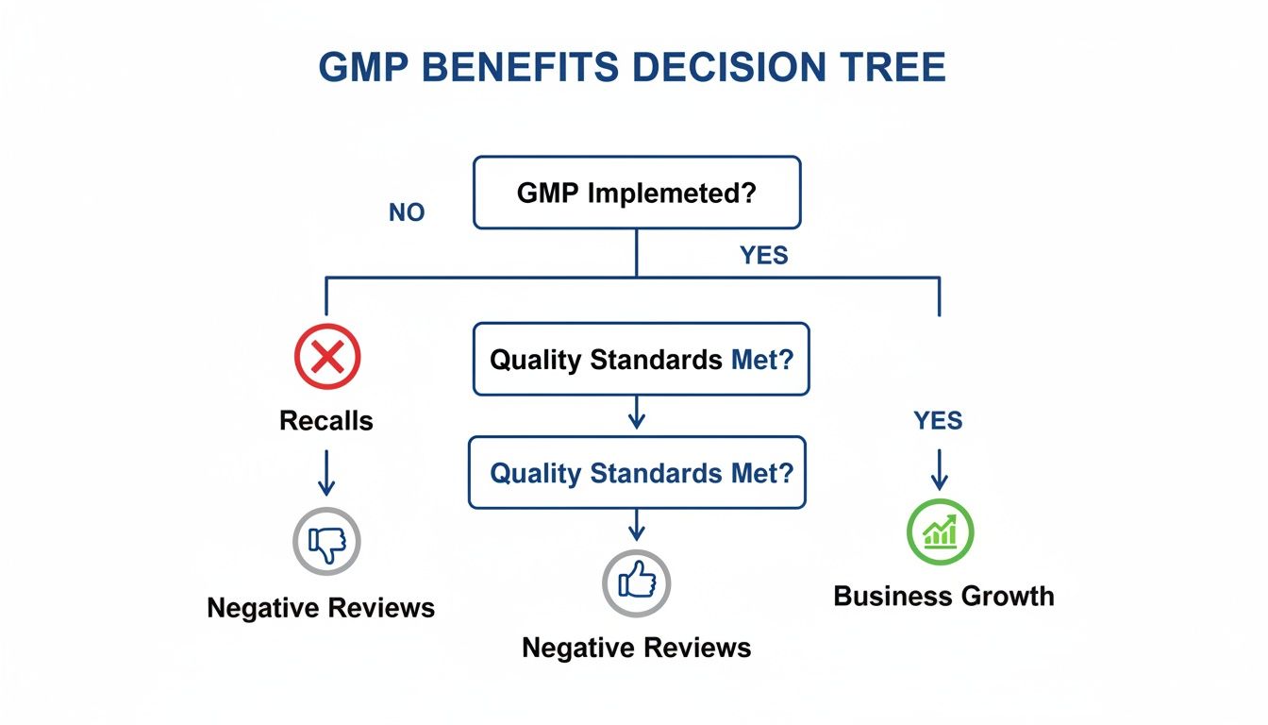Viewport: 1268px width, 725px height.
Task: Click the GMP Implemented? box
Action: click(637, 193)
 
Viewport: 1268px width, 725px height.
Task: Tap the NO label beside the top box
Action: click(407, 213)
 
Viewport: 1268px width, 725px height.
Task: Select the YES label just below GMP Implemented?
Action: click(763, 255)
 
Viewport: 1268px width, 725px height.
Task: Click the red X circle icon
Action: click(326, 356)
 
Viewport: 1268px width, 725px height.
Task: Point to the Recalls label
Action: click(326, 420)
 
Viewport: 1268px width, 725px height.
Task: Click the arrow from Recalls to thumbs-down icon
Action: click(326, 472)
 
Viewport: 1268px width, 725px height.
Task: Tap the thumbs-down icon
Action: click(326, 541)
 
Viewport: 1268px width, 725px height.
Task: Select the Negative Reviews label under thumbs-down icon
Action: click(321, 607)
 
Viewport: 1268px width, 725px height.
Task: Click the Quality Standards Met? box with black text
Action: click(641, 359)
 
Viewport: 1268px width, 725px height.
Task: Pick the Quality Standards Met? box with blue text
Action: click(638, 472)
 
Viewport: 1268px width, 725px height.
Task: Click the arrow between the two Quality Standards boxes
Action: click(637, 413)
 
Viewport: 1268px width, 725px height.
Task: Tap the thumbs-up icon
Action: click(636, 582)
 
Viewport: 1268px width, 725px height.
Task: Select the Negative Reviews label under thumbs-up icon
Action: click(636, 648)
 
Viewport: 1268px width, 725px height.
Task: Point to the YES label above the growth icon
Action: click(938, 420)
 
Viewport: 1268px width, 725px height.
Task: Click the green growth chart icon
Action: click(940, 531)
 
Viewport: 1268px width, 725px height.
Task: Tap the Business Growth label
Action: click(943, 596)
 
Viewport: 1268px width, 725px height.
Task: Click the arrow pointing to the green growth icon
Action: click(939, 469)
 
